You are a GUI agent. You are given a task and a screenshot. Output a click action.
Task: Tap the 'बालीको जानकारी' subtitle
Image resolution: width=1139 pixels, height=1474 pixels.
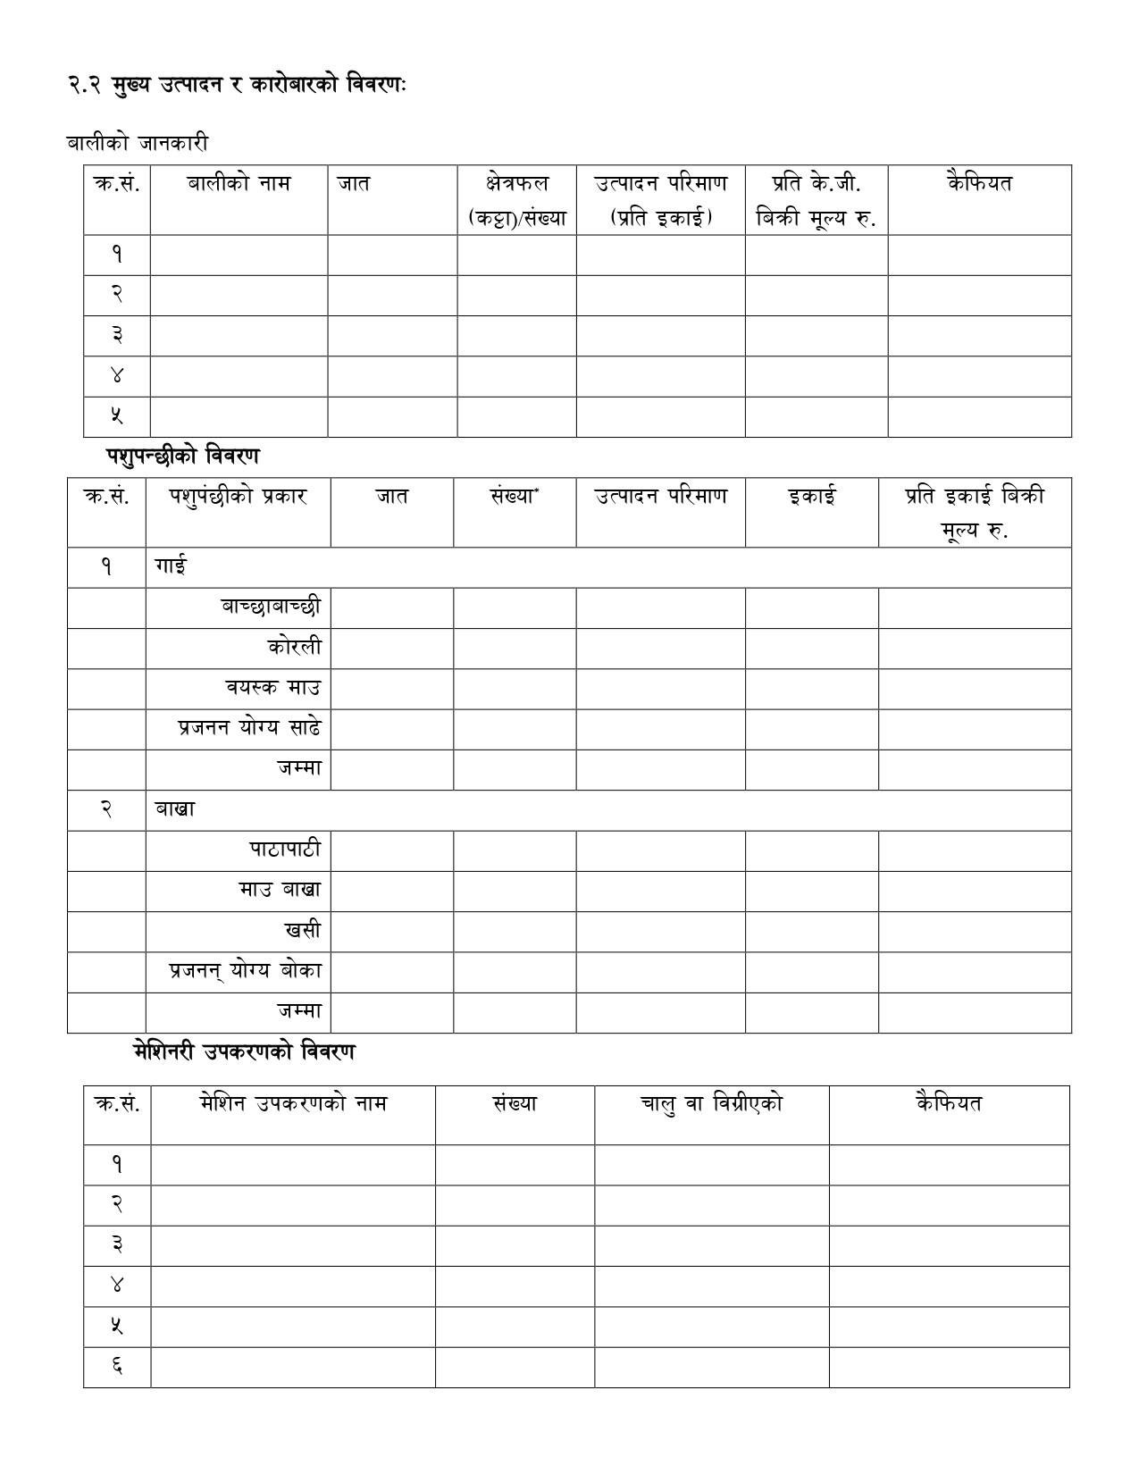click(x=137, y=143)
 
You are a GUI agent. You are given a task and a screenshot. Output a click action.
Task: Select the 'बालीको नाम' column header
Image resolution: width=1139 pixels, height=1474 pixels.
click(x=239, y=184)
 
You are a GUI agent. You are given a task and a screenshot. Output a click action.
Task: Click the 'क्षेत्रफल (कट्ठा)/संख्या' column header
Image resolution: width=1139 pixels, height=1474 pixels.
click(x=517, y=200)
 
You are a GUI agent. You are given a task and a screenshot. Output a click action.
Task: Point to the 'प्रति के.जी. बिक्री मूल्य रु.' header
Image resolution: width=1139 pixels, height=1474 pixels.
click(x=816, y=200)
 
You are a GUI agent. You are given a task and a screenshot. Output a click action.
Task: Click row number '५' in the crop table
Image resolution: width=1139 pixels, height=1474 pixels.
click(x=117, y=416)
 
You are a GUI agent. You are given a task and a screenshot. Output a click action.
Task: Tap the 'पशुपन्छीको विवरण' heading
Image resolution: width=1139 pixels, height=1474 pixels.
click(x=182, y=456)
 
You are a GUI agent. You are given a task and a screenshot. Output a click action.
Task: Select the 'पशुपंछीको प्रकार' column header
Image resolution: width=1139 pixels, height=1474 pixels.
click(x=238, y=497)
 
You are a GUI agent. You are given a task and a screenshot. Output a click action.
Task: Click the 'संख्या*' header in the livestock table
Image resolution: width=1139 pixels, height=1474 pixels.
click(x=514, y=497)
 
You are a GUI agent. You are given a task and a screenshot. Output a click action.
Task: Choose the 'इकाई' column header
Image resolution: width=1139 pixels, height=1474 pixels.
click(x=811, y=497)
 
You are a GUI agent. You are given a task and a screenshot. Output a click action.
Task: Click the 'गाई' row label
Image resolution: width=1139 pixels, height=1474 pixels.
click(x=171, y=567)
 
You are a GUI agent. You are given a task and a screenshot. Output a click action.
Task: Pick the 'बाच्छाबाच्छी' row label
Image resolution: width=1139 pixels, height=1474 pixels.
click(x=271, y=607)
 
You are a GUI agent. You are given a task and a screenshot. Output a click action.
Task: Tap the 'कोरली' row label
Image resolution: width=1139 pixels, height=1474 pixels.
click(x=294, y=648)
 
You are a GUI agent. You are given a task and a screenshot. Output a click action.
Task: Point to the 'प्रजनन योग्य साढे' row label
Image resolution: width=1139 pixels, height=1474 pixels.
click(x=249, y=728)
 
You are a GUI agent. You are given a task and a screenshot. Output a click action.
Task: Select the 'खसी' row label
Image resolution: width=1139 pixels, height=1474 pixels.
click(x=303, y=931)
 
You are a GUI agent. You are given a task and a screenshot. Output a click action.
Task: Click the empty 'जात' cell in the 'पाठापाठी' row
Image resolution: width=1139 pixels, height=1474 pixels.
click(x=392, y=850)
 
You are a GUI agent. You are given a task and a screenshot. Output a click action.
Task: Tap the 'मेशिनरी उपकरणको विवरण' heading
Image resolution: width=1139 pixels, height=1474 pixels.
click(x=243, y=1052)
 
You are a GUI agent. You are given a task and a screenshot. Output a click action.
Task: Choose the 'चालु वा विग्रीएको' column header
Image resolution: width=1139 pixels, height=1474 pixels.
click(x=711, y=1104)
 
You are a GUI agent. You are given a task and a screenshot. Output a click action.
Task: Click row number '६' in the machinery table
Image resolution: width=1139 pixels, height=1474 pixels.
click(x=117, y=1367)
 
